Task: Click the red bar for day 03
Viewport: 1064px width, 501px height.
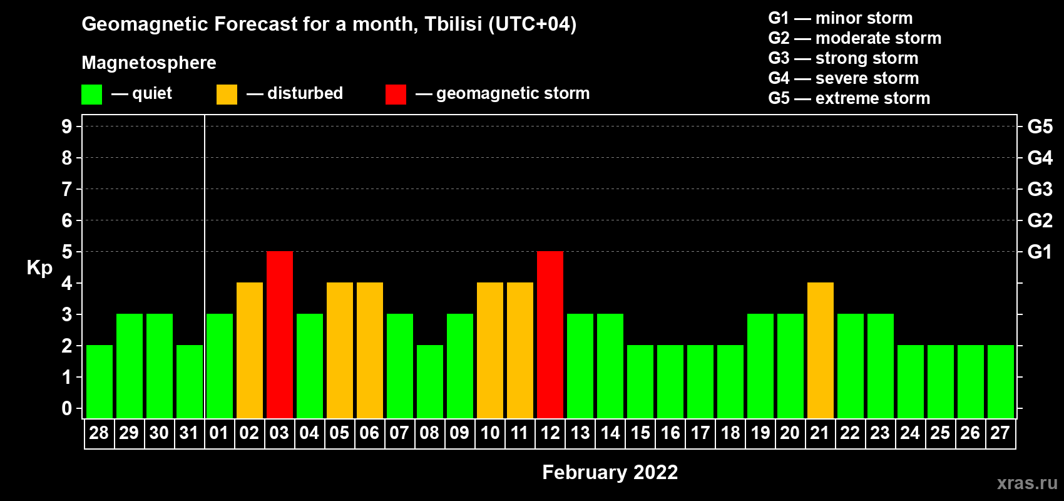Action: coord(280,334)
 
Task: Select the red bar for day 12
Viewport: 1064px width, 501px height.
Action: coord(550,334)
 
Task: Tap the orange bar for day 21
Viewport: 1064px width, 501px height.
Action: coord(821,350)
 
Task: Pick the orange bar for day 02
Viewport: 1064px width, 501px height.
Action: coord(250,350)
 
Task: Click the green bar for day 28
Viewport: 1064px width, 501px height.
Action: coord(100,381)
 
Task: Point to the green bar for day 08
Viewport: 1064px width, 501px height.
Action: coord(430,381)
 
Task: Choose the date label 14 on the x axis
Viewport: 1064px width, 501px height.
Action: coord(610,433)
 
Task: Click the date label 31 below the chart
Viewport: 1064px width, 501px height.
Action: coord(189,433)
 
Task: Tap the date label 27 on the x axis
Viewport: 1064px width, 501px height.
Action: coord(1000,433)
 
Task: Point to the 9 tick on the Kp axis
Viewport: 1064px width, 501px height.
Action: coord(66,127)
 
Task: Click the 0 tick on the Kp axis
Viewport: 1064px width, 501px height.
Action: coord(66,408)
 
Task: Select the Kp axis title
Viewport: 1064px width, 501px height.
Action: coord(39,268)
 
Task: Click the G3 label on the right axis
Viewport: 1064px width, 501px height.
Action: coord(1040,189)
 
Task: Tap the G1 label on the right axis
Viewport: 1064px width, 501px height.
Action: coord(1040,252)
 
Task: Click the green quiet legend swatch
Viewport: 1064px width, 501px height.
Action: coord(91,94)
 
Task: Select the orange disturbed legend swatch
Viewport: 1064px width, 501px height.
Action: coord(227,94)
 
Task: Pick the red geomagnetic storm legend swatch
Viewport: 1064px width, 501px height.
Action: coord(396,94)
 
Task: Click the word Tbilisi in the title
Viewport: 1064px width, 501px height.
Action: coord(453,24)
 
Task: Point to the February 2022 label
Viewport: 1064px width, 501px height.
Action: coord(610,472)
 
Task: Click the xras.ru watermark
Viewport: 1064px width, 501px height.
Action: coord(1027,483)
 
